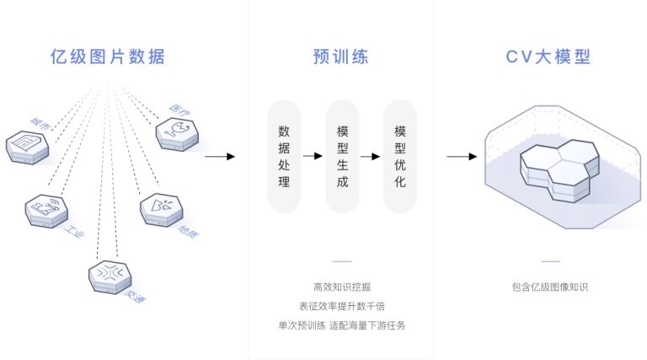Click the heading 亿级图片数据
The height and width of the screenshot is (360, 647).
(x=107, y=57)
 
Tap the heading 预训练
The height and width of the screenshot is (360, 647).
(x=340, y=57)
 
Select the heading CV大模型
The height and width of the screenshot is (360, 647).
(x=548, y=57)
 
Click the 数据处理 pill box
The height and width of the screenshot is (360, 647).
(x=284, y=156)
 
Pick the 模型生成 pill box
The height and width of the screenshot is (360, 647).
(x=342, y=156)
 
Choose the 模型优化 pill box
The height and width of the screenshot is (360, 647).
(x=400, y=156)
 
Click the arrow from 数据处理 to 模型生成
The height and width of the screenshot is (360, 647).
(x=313, y=156)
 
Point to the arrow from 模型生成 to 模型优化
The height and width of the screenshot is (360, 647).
(x=371, y=156)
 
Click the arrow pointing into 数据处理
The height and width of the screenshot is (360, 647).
(x=220, y=156)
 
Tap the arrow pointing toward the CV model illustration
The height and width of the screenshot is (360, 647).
(x=462, y=156)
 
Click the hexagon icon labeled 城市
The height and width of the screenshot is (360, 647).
(x=28, y=147)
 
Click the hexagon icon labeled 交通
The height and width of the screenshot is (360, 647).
(x=110, y=276)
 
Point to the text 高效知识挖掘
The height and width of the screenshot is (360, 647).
(x=341, y=287)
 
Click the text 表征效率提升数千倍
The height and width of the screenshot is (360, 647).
(x=341, y=306)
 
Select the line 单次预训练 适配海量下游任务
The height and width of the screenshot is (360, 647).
(x=341, y=325)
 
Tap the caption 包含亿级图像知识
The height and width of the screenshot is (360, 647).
(x=549, y=287)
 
